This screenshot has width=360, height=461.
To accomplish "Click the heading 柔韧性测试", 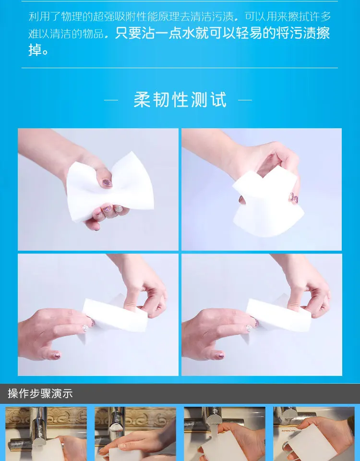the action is (180, 100).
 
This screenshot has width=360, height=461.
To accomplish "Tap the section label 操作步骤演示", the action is (40, 393).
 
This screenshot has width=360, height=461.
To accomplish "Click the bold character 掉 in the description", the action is (35, 49).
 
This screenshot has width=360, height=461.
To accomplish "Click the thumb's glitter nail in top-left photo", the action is (107, 183).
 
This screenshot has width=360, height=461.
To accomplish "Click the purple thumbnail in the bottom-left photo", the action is (56, 355).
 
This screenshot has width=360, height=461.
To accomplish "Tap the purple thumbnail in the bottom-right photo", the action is (220, 355).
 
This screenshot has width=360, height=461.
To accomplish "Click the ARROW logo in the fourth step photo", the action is (288, 431).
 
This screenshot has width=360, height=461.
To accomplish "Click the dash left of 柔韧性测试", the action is (111, 100).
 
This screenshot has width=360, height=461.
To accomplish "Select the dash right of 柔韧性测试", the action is (245, 100).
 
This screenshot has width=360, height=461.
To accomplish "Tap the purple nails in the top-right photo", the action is (294, 198).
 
